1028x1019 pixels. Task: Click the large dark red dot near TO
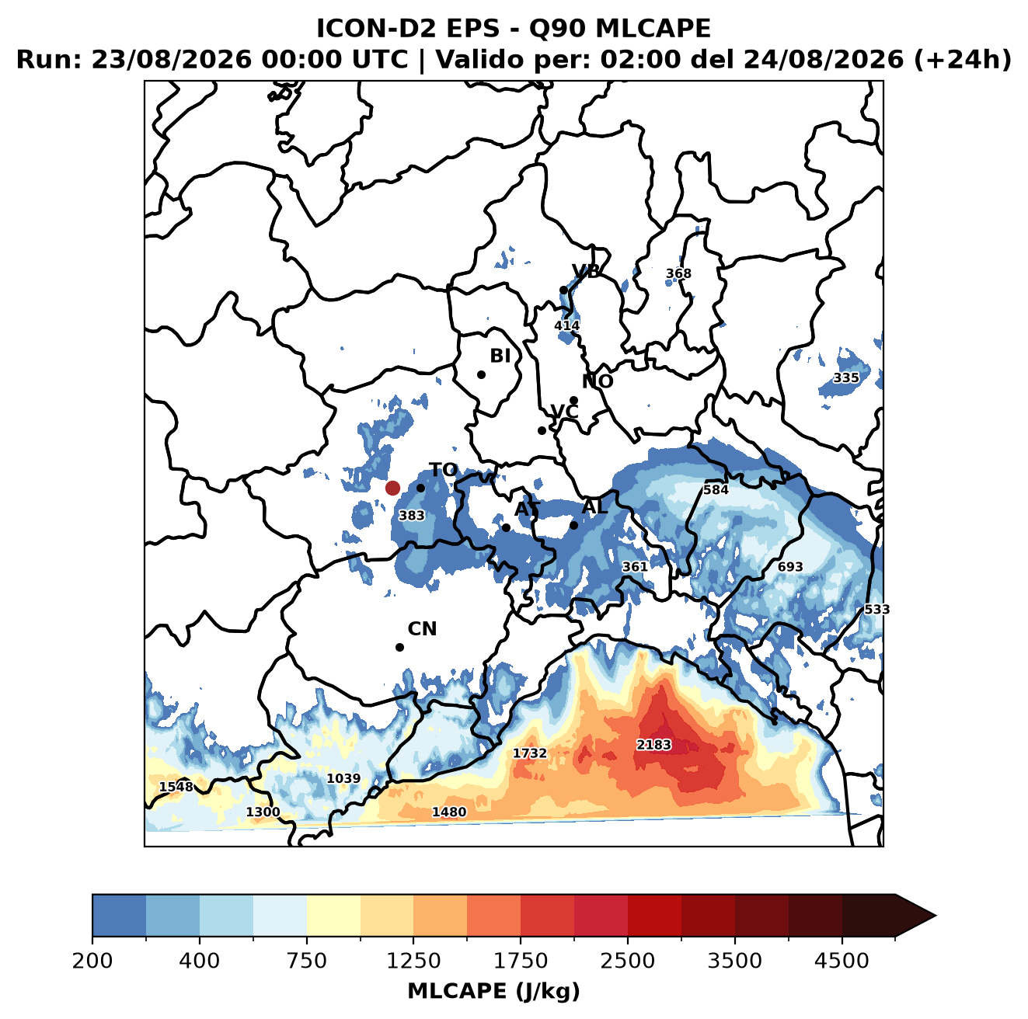point(392,488)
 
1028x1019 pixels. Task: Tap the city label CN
point(422,629)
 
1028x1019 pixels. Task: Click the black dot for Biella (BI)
point(481,375)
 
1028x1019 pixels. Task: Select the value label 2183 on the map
point(653,745)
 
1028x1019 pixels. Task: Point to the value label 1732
point(530,753)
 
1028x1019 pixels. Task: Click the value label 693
point(790,567)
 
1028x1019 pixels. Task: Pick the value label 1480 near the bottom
point(449,812)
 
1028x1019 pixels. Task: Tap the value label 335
point(846,377)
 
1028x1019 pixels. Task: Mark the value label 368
point(678,273)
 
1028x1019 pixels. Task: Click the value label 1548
point(176,787)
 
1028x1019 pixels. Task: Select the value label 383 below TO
point(412,515)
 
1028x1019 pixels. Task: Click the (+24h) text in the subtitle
point(962,60)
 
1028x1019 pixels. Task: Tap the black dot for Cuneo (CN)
point(399,647)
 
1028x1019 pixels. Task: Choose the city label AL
point(595,506)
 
